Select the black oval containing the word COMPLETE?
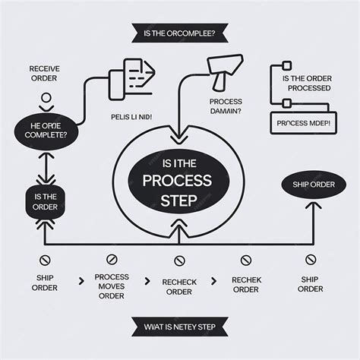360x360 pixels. coord(46,130)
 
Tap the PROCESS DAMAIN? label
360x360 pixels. coord(225,106)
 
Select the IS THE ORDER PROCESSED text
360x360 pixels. coord(306,83)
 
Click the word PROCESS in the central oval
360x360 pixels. coord(179,181)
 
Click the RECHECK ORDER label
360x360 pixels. coord(179,286)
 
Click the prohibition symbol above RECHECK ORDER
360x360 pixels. coord(179,261)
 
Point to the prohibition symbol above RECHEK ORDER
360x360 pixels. coord(245,261)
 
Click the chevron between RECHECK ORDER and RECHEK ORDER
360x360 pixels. coord(213,281)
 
